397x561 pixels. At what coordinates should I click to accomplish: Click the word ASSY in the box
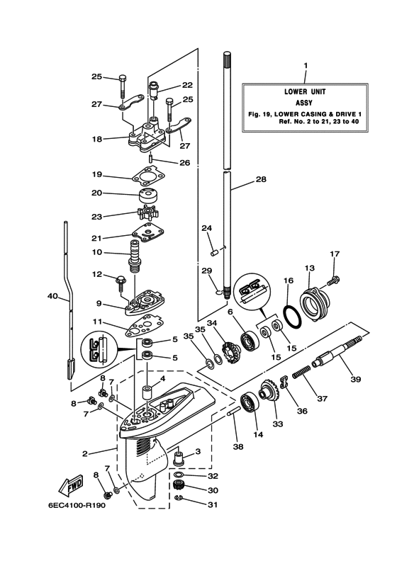(304, 102)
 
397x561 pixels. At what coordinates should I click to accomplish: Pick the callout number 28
(261, 179)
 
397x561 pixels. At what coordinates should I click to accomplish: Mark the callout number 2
(85, 453)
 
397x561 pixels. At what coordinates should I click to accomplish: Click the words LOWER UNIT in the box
(304, 91)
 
